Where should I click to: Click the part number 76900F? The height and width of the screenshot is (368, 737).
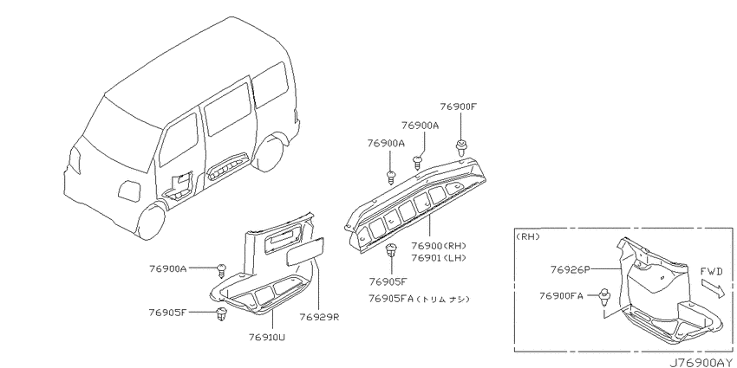[459, 107]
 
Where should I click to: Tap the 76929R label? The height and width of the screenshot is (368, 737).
[319, 318]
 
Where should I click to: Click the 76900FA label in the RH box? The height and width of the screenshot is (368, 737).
[561, 296]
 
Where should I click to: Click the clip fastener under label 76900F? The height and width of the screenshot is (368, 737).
[460, 147]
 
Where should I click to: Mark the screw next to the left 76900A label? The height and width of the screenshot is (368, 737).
[222, 270]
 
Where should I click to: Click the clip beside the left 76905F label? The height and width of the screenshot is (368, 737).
[220, 314]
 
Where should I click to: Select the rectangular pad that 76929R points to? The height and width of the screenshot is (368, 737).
[304, 252]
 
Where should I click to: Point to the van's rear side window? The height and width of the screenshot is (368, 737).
[271, 86]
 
